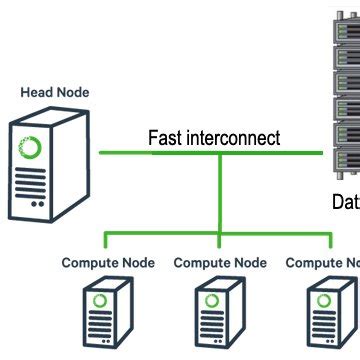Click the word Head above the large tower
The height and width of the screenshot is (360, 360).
[x=37, y=93]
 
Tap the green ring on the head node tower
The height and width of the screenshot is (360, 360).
[x=31, y=149]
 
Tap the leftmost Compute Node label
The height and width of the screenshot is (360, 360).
[x=107, y=263]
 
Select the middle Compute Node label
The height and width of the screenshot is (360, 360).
[x=219, y=263]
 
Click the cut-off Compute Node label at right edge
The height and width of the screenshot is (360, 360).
[x=322, y=263]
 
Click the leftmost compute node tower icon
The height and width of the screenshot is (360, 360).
[x=106, y=315]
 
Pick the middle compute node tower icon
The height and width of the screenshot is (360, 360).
[x=219, y=315]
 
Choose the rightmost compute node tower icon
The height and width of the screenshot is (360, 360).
[x=331, y=315]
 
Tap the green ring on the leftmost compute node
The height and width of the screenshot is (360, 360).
[x=99, y=298]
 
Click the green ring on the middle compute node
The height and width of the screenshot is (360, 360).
[x=211, y=298]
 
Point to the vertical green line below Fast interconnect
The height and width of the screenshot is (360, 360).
[x=220, y=195]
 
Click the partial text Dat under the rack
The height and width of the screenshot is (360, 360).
[x=345, y=202]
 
